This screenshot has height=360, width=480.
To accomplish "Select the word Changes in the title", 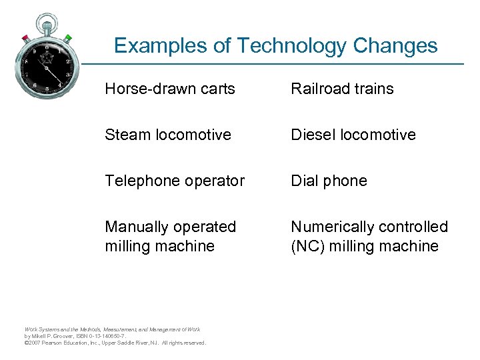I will tap(396, 45).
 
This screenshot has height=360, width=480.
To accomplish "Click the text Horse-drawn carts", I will tap(170, 89).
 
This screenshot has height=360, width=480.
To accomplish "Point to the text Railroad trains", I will tap(342, 89).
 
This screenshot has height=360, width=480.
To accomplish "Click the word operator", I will tap(214, 181).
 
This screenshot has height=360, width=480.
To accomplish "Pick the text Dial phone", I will tap(329, 181).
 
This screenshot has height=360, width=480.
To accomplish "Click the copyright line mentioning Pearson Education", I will tap(115, 343).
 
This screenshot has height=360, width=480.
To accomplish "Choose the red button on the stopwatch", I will tap(26, 37).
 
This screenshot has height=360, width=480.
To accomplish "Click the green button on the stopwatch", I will tap(69, 37).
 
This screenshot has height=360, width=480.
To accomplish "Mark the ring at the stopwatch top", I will tap(47, 21).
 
